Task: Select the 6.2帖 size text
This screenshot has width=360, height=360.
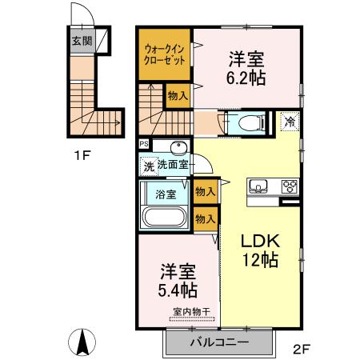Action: click(x=246, y=78)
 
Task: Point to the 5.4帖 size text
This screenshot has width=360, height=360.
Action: click(x=177, y=290)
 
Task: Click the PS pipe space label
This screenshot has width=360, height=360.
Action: click(x=143, y=145)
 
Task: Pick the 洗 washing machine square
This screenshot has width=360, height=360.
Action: click(x=147, y=166)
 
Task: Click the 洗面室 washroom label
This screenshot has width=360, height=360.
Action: click(x=172, y=165)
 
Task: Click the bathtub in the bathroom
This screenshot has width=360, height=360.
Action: click(x=164, y=217)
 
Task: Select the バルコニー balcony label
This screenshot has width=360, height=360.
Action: click(x=219, y=342)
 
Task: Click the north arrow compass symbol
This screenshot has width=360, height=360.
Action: click(x=82, y=342)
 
